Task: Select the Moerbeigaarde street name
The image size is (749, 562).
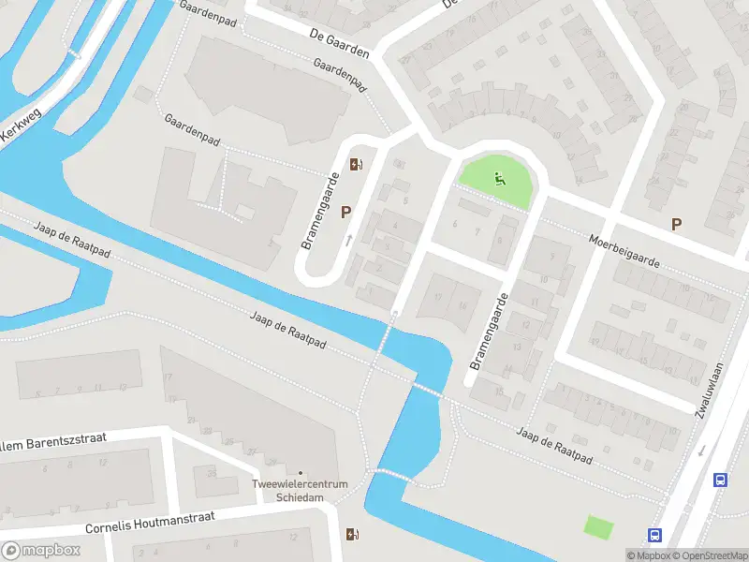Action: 624,250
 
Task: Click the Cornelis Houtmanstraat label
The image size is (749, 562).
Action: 150,521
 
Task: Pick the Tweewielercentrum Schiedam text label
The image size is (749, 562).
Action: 300,490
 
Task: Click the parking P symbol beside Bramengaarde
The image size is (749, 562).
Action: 345,213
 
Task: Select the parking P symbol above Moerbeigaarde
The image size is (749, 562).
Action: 676,224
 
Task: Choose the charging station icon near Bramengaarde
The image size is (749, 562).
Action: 356,166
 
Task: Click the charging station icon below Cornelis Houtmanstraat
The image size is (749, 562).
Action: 353,535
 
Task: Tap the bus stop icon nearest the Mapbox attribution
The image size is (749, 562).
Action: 654,536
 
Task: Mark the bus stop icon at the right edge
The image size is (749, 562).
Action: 720,480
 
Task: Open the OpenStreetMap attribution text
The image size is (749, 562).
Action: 706,555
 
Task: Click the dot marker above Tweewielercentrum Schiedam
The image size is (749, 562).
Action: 301,472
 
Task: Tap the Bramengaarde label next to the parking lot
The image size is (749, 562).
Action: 319,211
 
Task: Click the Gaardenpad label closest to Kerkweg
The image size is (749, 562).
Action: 192,132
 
